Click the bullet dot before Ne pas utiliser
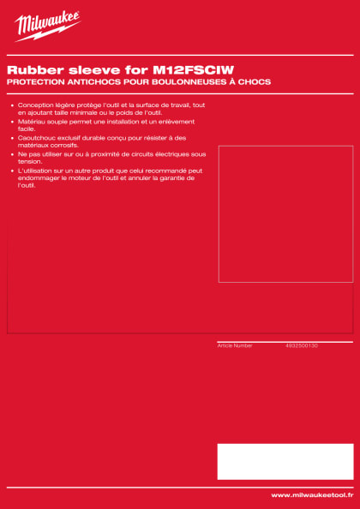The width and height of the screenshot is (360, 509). [11, 154]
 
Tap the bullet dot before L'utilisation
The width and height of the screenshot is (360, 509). [11, 171]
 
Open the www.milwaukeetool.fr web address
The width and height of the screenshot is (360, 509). [311, 495]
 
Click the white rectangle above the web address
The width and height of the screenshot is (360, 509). [285, 461]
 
